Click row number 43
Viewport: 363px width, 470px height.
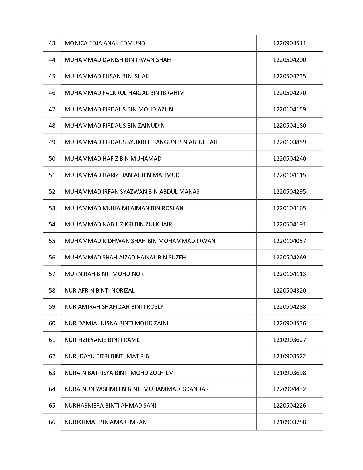click(52, 43)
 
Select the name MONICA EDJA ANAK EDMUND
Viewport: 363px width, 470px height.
click(105, 43)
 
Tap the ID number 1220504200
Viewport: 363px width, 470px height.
click(290, 60)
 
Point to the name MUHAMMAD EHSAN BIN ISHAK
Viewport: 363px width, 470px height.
click(107, 76)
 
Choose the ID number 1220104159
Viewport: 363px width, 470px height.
click(290, 109)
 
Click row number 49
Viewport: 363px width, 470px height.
click(52, 142)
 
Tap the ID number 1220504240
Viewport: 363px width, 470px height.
click(290, 159)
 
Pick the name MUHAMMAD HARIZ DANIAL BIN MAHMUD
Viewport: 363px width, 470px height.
click(122, 175)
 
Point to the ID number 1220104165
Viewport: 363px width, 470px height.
click(290, 208)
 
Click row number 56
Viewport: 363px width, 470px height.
click(52, 258)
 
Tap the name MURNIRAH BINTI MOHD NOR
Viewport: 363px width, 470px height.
click(104, 274)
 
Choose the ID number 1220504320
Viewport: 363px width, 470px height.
click(290, 291)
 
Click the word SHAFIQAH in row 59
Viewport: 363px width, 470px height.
click(110, 307)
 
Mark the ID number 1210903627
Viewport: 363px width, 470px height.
click(290, 340)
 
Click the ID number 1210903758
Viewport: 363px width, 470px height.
click(290, 422)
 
